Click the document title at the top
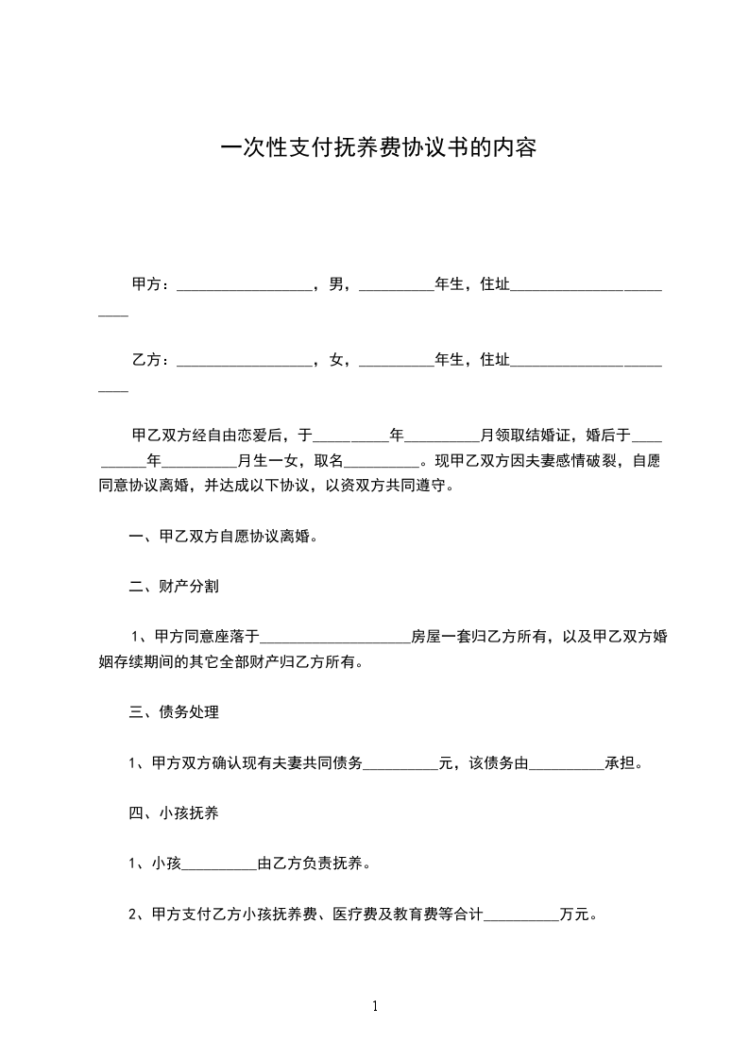pos(379,148)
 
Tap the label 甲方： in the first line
pos(151,283)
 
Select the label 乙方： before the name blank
pos(151,359)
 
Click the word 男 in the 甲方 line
pos(336,283)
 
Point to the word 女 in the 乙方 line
pos(336,359)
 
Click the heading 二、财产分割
pos(174,587)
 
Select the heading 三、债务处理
pos(174,712)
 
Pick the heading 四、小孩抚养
pos(174,812)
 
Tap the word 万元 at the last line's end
pos(574,915)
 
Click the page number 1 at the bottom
pos(375,1006)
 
